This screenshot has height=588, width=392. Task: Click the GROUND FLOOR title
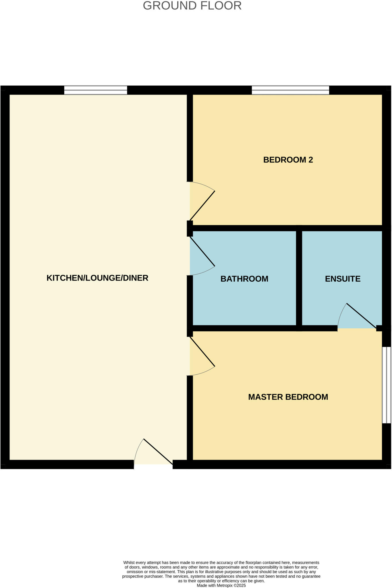pos(192,6)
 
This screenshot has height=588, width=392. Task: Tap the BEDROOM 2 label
pos(288,160)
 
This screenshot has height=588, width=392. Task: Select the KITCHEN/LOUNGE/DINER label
pos(97,278)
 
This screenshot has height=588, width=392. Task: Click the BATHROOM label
pos(244,279)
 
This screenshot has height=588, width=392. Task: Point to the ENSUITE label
pos(343,279)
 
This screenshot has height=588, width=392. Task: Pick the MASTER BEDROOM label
pos(288,397)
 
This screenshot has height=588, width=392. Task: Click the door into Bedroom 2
pos(202,205)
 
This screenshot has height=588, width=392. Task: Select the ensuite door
pos(361,316)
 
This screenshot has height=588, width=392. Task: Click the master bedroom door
pos(202,352)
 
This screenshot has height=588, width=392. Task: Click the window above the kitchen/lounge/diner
pos(95,90)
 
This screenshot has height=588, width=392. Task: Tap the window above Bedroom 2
pos(290,90)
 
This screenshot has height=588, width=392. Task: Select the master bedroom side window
pos(387,385)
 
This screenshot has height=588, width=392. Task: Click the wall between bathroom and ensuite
pos(299,278)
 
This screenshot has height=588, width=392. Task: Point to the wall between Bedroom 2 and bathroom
pos(244,228)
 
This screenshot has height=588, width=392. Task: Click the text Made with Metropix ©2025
pos(221,585)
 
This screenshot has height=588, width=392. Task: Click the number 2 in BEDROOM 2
pos(311,160)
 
